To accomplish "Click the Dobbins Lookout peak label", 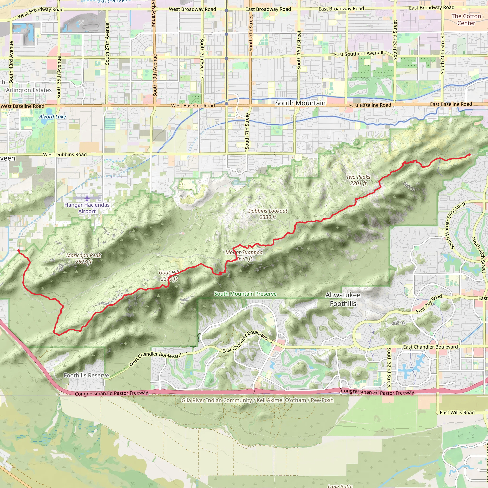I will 268,214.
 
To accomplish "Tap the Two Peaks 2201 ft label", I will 358,180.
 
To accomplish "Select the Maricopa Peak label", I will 84,258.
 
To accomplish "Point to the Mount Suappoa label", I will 244,255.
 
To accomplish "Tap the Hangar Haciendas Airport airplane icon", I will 87,198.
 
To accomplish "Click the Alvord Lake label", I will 52,117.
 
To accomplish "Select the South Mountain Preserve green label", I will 245,294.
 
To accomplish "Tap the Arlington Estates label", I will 29,90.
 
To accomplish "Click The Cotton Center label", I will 466,20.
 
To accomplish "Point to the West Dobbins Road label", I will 65,155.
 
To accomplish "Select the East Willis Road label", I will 457,412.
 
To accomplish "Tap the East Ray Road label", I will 429,304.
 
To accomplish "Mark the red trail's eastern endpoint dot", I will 469,155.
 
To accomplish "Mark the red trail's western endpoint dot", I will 18,251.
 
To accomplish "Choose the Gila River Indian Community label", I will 257,400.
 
